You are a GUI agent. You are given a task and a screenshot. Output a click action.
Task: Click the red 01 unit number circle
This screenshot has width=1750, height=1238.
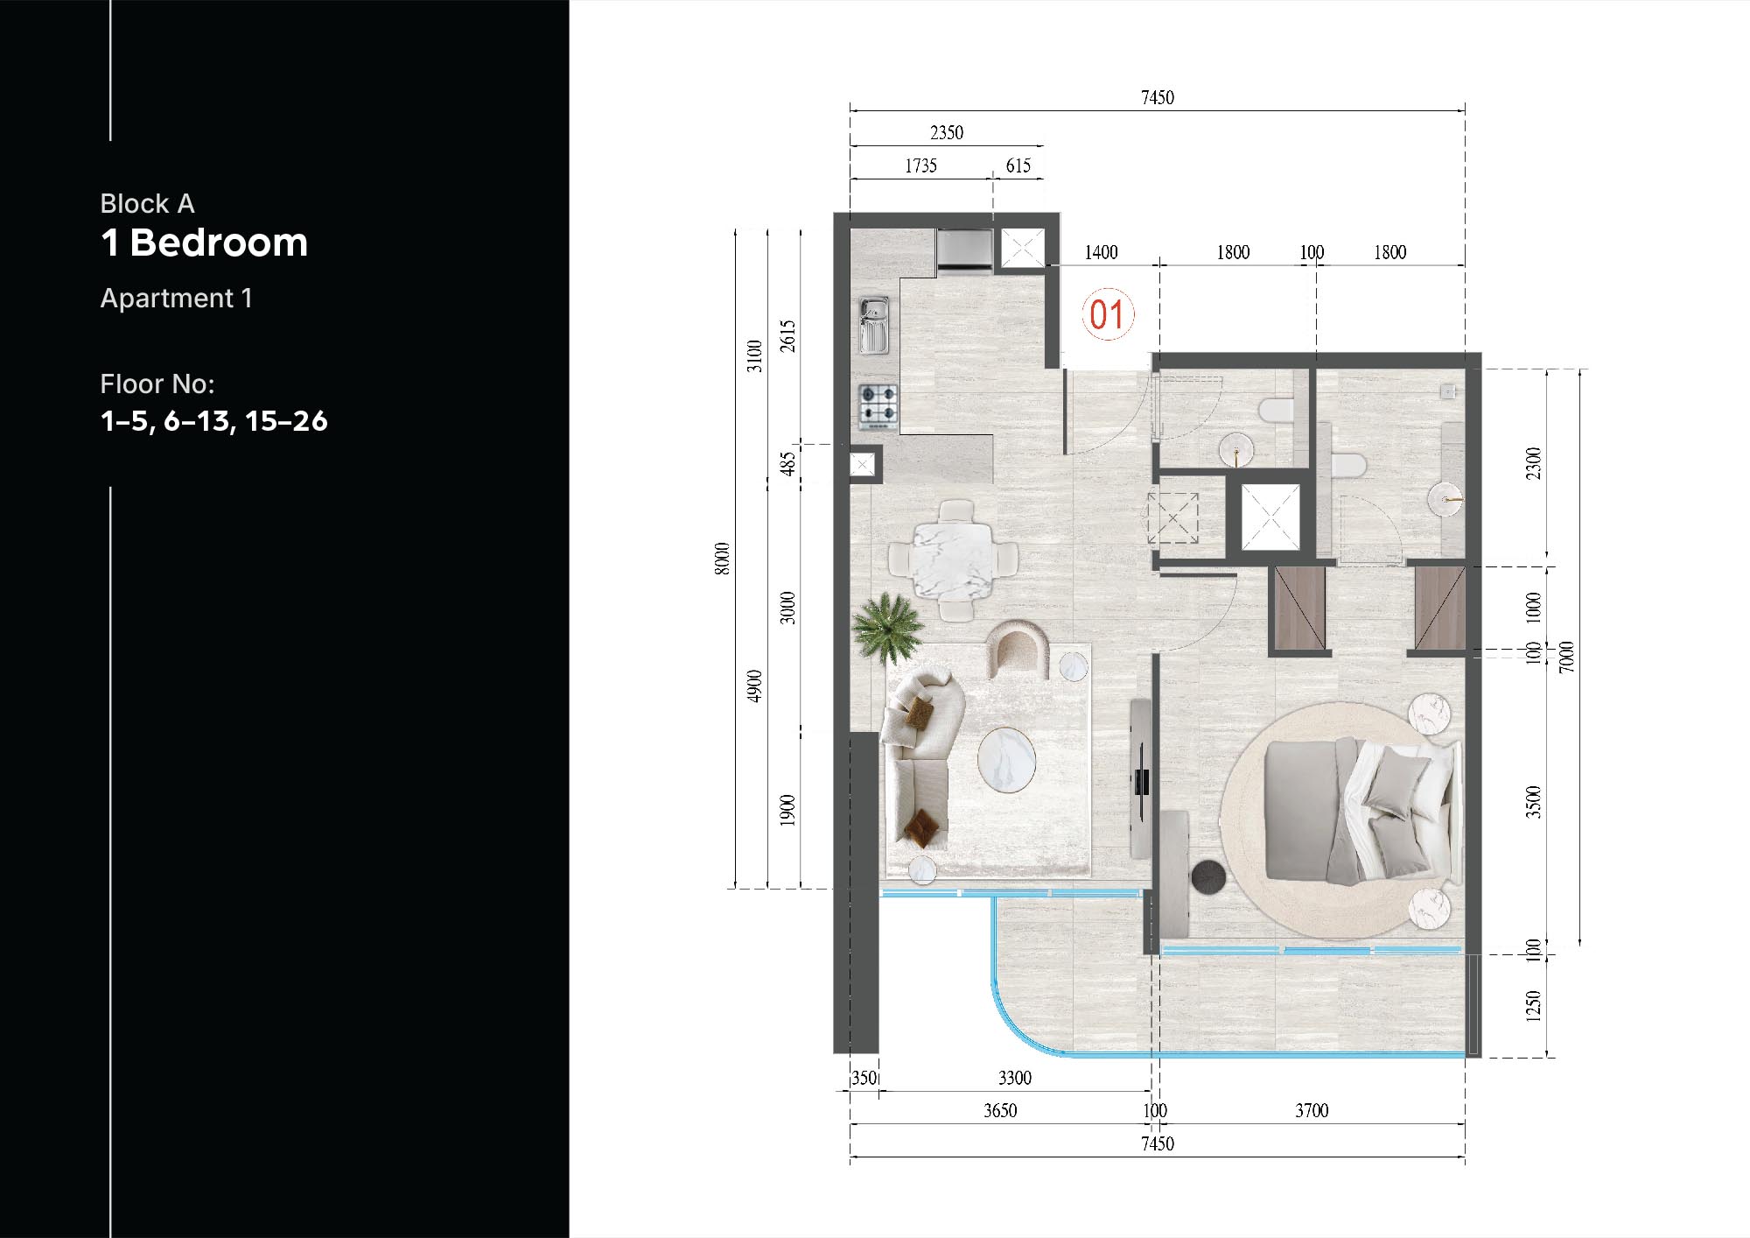[x=1107, y=314]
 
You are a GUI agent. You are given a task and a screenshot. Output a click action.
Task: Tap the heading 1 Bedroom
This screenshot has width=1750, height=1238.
[x=204, y=243]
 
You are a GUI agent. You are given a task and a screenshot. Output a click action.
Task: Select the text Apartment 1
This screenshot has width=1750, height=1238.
[x=176, y=299]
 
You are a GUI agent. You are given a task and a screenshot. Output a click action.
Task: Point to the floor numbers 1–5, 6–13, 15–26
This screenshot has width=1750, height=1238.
[x=213, y=421]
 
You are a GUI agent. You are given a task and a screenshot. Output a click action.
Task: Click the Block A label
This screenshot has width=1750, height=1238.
[x=147, y=204]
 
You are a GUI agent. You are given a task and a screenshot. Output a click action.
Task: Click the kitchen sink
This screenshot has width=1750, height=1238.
[x=873, y=325]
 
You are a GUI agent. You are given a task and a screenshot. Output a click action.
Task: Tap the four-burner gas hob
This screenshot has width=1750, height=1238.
[x=878, y=406]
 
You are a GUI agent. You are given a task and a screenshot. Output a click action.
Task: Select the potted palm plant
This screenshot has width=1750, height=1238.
[x=887, y=625]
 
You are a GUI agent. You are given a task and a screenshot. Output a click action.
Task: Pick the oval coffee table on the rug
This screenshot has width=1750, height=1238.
[x=1006, y=761]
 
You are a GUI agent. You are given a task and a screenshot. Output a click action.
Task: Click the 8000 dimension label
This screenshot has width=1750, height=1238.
[x=722, y=559]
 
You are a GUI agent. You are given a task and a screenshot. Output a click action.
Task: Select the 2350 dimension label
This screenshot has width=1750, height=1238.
[x=946, y=133]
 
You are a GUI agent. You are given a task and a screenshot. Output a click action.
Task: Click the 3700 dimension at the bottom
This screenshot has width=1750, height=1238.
[x=1311, y=1111]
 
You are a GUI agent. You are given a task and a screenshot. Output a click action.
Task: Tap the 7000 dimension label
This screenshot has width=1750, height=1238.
[x=1566, y=657]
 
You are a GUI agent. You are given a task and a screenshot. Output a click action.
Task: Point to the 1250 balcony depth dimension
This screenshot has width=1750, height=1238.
[x=1533, y=1006]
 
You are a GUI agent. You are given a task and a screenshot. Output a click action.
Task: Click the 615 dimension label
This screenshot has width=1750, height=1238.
[x=1018, y=166]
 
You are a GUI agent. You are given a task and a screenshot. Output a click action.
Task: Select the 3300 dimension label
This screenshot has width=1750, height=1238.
[x=1014, y=1078]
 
